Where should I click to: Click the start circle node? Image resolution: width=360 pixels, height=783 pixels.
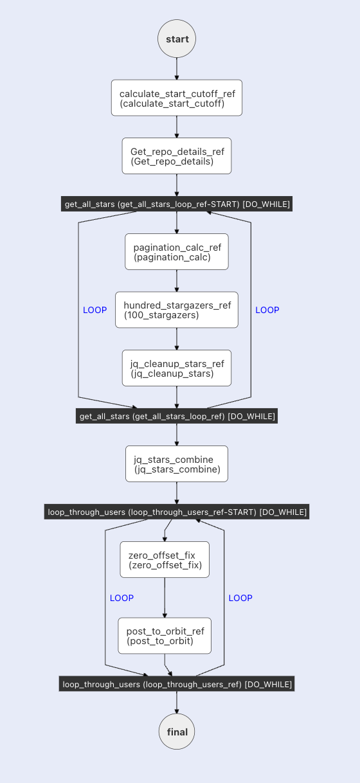pyautogui.click(x=177, y=39)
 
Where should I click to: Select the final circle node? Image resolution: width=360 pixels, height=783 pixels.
pyautogui.click(x=177, y=732)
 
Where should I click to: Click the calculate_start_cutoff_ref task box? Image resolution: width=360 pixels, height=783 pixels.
pyautogui.click(x=177, y=98)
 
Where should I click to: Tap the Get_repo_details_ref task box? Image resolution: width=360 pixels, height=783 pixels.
pyautogui.click(x=177, y=156)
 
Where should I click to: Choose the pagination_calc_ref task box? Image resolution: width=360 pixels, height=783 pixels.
pyautogui.click(x=177, y=251)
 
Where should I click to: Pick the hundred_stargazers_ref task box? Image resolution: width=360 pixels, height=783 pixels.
pyautogui.click(x=177, y=309)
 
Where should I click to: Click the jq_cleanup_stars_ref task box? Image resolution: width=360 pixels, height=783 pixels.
pyautogui.click(x=177, y=368)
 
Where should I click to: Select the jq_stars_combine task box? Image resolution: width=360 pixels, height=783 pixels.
pyautogui.click(x=177, y=464)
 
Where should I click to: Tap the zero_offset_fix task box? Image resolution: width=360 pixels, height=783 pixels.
pyautogui.click(x=165, y=559)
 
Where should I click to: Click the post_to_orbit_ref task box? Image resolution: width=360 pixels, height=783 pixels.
pyautogui.click(x=165, y=636)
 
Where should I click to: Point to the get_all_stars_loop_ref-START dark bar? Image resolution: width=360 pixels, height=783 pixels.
pyautogui.click(x=177, y=204)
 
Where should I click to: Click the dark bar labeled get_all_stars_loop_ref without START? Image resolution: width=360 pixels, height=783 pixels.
pyautogui.click(x=177, y=416)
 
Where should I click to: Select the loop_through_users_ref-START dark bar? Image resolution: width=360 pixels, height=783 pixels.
pyautogui.click(x=177, y=512)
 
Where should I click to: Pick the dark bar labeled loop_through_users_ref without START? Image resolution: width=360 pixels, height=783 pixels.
pyautogui.click(x=177, y=684)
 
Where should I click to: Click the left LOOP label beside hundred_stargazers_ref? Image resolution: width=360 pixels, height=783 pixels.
pyautogui.click(x=95, y=310)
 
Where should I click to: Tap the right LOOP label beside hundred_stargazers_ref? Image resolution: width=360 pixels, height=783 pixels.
pyautogui.click(x=267, y=310)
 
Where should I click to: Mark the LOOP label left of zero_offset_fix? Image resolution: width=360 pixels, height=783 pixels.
pyautogui.click(x=122, y=598)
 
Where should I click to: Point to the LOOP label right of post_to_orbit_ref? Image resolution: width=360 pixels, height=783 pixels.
pyautogui.click(x=240, y=598)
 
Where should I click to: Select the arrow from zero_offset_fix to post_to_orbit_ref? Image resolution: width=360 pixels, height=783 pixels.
pyautogui.click(x=165, y=598)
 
